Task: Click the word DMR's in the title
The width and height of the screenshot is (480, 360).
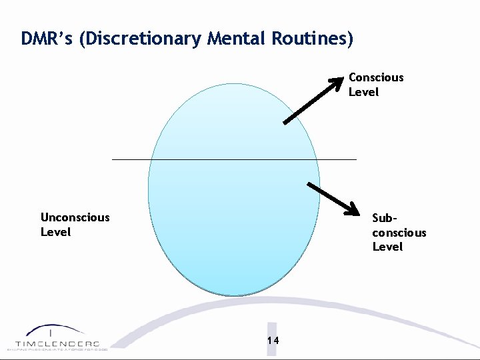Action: pos(47,39)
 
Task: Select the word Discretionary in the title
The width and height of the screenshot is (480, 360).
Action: pos(139,39)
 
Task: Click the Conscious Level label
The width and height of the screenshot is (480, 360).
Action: pos(376,85)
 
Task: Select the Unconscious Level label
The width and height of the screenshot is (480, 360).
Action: pos(75,225)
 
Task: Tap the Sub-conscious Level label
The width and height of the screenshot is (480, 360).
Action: pos(399,232)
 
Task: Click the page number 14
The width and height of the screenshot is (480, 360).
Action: pos(273,341)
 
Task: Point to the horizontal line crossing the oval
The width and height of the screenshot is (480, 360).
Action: pos(233,159)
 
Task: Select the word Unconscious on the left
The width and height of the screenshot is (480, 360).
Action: pos(75,217)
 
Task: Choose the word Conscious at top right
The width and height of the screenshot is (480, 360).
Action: pos(376,77)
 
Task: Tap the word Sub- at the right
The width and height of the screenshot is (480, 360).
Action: pos(385,218)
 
